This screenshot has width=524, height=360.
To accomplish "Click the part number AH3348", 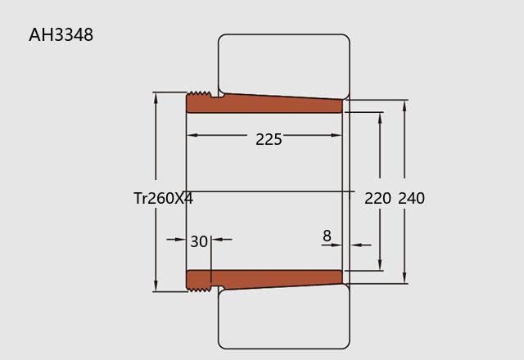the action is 61,34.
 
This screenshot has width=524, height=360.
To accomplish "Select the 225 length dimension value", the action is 269,139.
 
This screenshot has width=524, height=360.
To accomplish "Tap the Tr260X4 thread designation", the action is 163,198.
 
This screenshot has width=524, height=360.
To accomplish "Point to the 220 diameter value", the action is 377,198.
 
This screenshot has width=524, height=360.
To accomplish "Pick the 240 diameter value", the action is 411,198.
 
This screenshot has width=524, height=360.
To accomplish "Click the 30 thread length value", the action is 199,241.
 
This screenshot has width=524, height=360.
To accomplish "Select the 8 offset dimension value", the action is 327,236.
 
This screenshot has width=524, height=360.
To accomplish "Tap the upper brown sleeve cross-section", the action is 264,104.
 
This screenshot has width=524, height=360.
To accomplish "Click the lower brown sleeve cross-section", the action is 264,280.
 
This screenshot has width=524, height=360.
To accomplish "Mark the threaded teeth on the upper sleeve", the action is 200,93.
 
